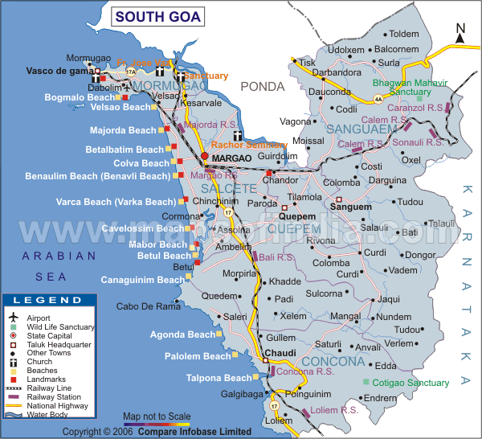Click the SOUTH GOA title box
157,15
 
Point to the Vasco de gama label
55,71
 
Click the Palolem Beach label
198,356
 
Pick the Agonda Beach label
184,334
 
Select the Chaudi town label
281,353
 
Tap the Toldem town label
404,34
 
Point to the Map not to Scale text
157,416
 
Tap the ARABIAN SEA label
59,265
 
